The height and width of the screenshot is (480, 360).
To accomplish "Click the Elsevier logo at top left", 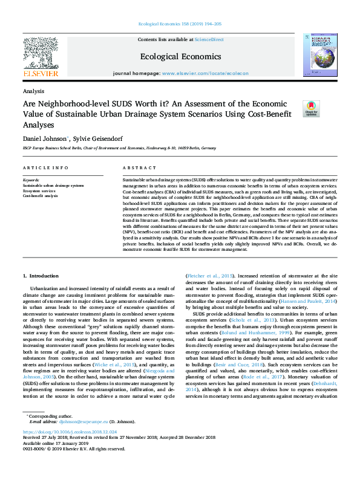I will click(x=41, y=57).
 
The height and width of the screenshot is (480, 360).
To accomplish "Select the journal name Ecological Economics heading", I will click(x=180, y=57).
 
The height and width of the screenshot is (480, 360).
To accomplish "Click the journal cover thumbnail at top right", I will click(x=319, y=56).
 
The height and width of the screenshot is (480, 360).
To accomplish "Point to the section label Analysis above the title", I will click(x=33, y=91).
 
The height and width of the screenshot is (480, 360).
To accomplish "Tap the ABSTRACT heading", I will click(x=135, y=167).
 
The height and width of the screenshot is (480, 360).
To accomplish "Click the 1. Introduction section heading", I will click(x=41, y=276).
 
